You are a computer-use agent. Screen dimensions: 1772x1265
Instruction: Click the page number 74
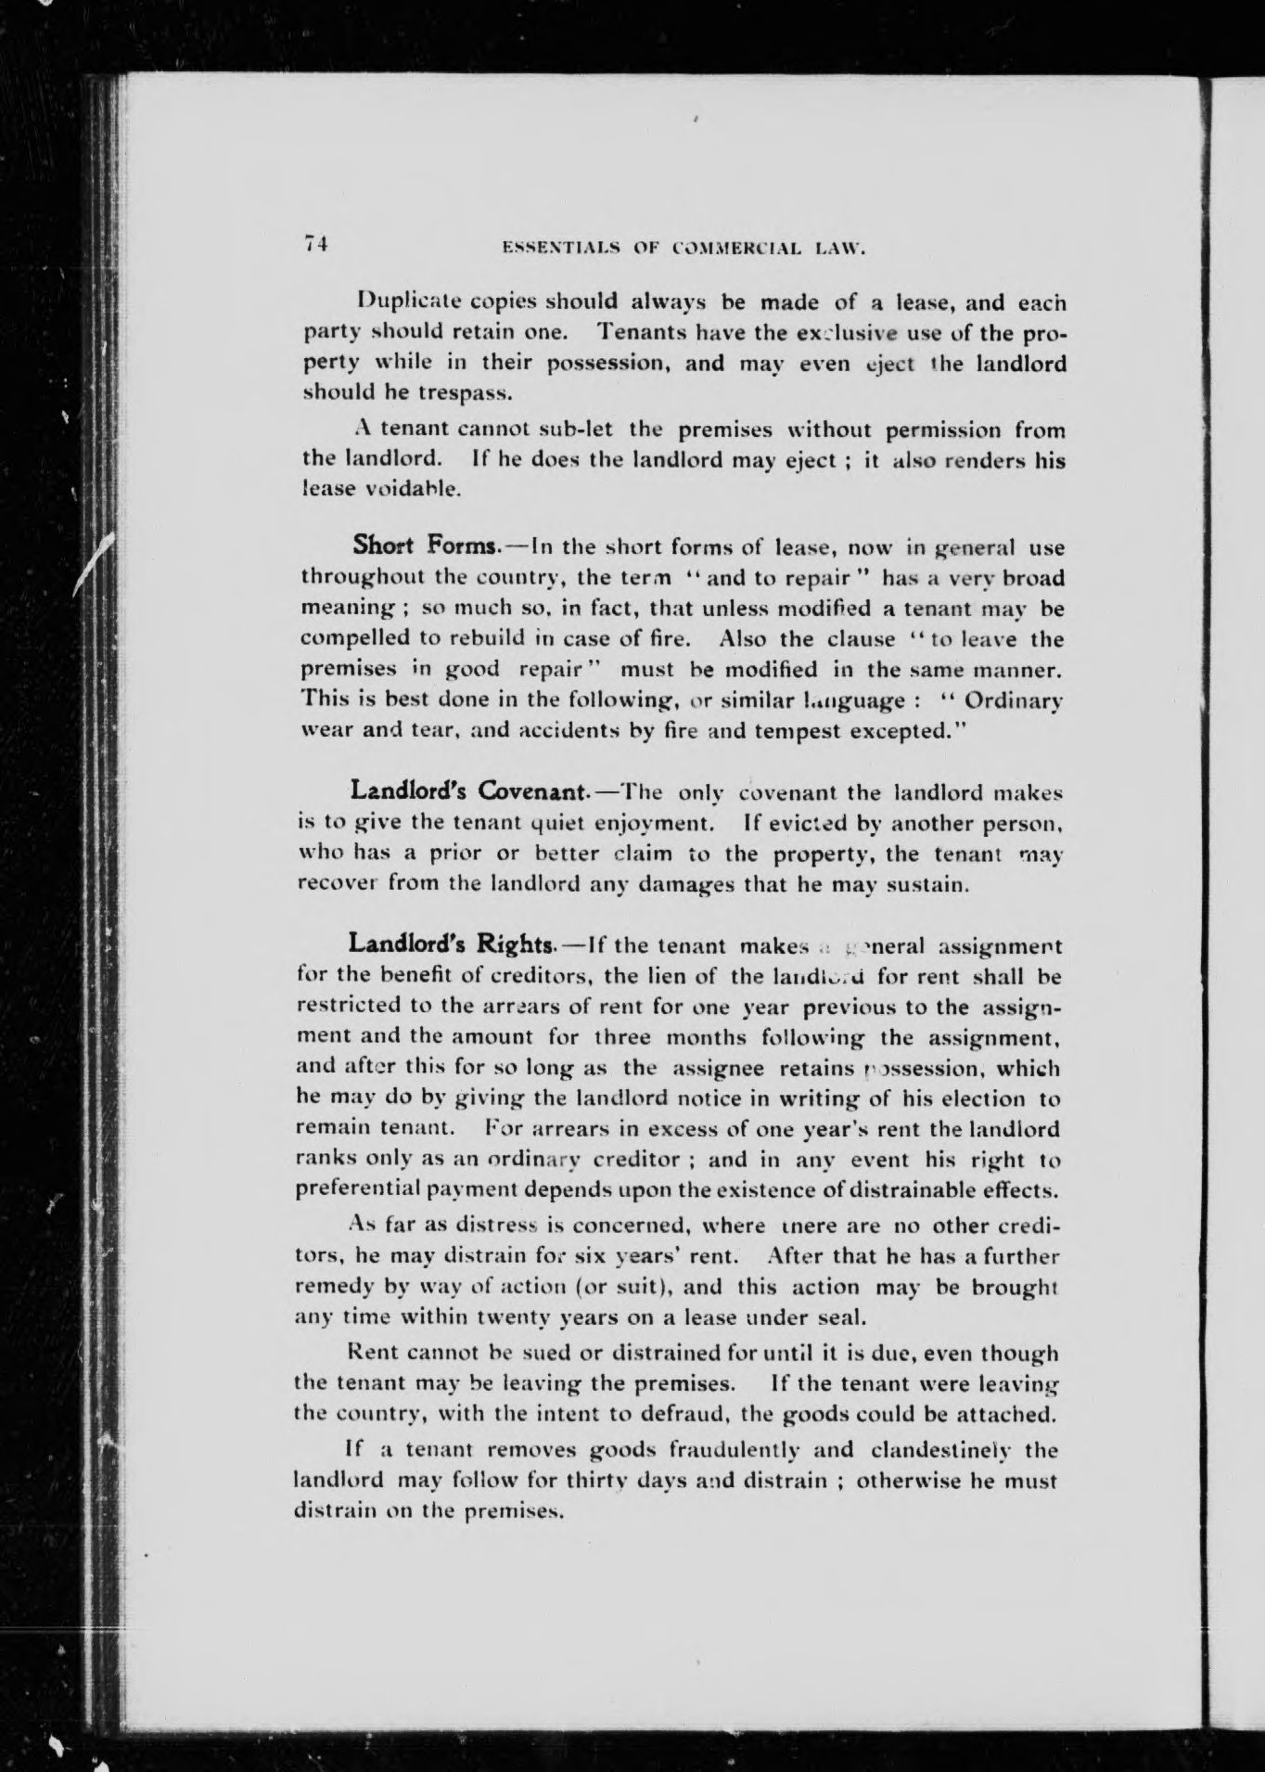click(x=315, y=244)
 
